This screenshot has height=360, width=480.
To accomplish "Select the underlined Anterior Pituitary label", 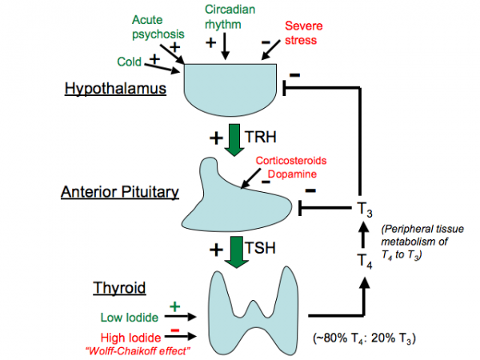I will coord(119,192).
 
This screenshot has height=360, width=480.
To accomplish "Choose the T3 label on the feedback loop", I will coord(364,210).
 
